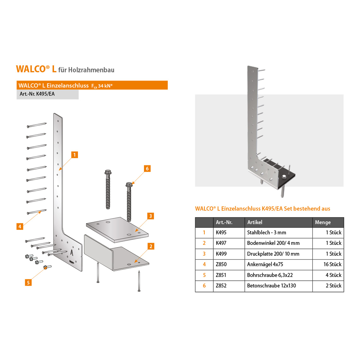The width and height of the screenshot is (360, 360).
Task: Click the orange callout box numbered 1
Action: (75, 155)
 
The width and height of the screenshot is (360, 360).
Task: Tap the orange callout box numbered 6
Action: (147, 169)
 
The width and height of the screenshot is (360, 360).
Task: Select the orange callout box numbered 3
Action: (151, 216)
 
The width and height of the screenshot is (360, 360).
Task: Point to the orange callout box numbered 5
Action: (28, 282)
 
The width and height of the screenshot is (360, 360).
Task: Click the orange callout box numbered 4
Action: (20, 226)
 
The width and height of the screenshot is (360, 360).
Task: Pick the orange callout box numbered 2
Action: (151, 246)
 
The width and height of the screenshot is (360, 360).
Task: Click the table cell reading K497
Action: (221, 243)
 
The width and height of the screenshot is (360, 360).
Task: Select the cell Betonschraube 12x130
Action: (271, 286)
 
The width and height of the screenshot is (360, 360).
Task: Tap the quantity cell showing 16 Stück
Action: (332, 264)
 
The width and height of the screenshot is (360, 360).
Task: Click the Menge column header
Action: (323, 222)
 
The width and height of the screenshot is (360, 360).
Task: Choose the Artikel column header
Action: (255, 222)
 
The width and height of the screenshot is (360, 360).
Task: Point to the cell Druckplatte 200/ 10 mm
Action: (273, 254)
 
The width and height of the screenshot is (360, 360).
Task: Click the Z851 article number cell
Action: (221, 275)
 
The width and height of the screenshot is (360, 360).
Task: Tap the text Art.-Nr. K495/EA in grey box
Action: (37, 94)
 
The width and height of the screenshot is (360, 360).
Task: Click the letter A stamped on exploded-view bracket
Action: (72, 253)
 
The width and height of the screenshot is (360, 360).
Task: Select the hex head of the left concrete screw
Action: (108, 173)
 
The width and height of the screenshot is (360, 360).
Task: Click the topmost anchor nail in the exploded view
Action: (37, 125)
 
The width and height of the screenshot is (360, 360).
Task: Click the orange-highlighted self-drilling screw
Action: (46, 267)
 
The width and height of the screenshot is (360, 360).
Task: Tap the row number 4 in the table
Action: (204, 264)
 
